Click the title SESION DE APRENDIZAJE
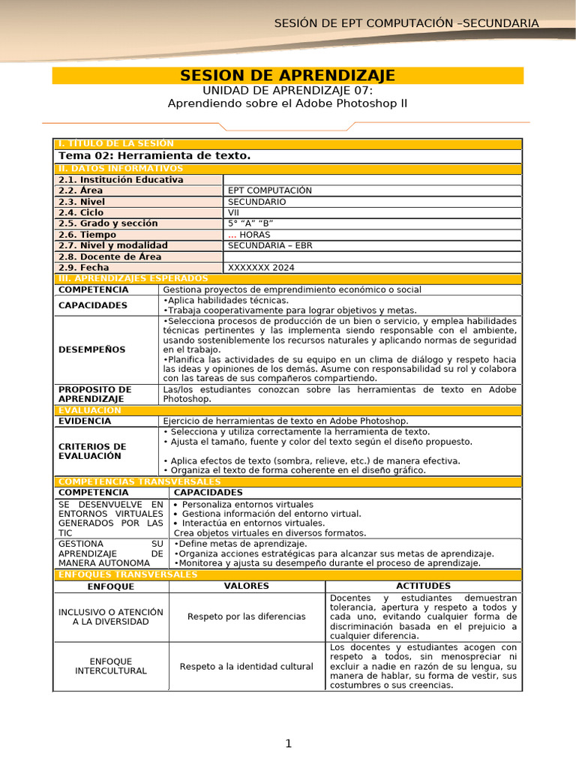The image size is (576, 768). (287, 75)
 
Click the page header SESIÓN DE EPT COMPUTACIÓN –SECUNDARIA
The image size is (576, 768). (406, 23)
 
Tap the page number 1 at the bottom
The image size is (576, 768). (287, 743)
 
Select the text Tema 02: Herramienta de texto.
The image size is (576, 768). (154, 155)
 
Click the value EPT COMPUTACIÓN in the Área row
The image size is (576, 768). (269, 190)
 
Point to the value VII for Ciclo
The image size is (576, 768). (234, 212)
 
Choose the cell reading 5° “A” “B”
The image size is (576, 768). (250, 223)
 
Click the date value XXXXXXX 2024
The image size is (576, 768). (261, 267)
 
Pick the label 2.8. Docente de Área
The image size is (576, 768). (110, 256)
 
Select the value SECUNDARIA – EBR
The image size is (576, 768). (270, 245)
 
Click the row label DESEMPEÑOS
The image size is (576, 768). (92, 349)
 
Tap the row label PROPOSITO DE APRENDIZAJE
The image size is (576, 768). (94, 394)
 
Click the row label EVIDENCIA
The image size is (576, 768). (85, 421)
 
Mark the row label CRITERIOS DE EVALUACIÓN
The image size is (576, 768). (92, 451)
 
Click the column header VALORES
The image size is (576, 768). (246, 586)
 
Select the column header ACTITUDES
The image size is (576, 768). (423, 586)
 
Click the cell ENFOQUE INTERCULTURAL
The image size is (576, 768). (111, 666)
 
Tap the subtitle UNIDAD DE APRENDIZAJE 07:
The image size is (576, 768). (287, 90)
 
